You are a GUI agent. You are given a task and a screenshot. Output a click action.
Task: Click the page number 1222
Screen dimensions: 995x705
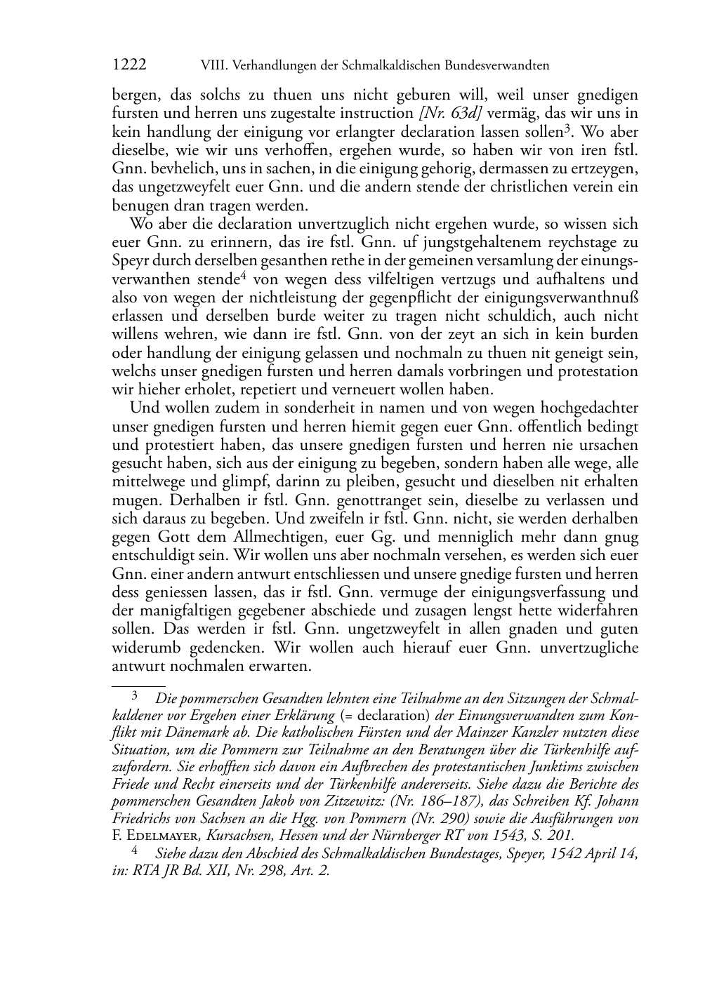[x=129, y=65]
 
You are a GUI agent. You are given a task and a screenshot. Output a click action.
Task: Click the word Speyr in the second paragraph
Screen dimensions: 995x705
[x=129, y=261]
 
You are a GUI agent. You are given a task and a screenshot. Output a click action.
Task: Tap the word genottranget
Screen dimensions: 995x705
[x=378, y=500]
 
